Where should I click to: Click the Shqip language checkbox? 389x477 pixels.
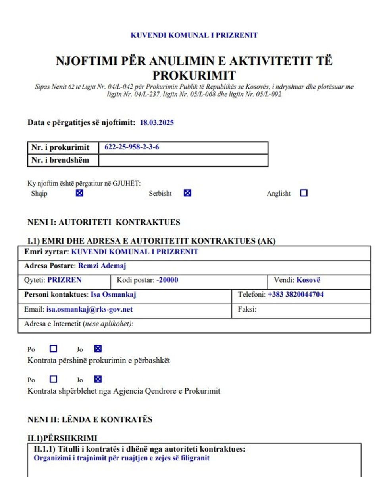point(79,194)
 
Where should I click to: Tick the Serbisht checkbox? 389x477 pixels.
point(187,193)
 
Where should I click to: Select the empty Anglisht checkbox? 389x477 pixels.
point(304,193)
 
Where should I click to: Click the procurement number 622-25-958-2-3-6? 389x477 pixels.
point(132,147)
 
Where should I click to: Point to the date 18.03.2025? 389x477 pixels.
point(157,123)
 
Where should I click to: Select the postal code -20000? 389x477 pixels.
point(167,280)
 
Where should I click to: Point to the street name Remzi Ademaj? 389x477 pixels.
point(102,266)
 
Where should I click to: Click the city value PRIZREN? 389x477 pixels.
point(64,280)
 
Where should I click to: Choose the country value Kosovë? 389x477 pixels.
point(308,280)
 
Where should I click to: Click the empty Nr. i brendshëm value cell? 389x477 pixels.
point(183,160)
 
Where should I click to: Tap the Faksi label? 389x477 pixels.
point(247,309)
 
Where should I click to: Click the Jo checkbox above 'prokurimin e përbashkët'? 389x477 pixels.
point(98,349)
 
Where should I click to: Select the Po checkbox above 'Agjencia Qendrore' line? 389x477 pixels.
point(54,379)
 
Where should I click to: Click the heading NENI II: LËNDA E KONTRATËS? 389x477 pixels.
point(90,420)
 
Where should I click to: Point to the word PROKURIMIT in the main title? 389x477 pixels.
point(194,75)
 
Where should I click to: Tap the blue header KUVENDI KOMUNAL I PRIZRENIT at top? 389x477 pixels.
point(194,35)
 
